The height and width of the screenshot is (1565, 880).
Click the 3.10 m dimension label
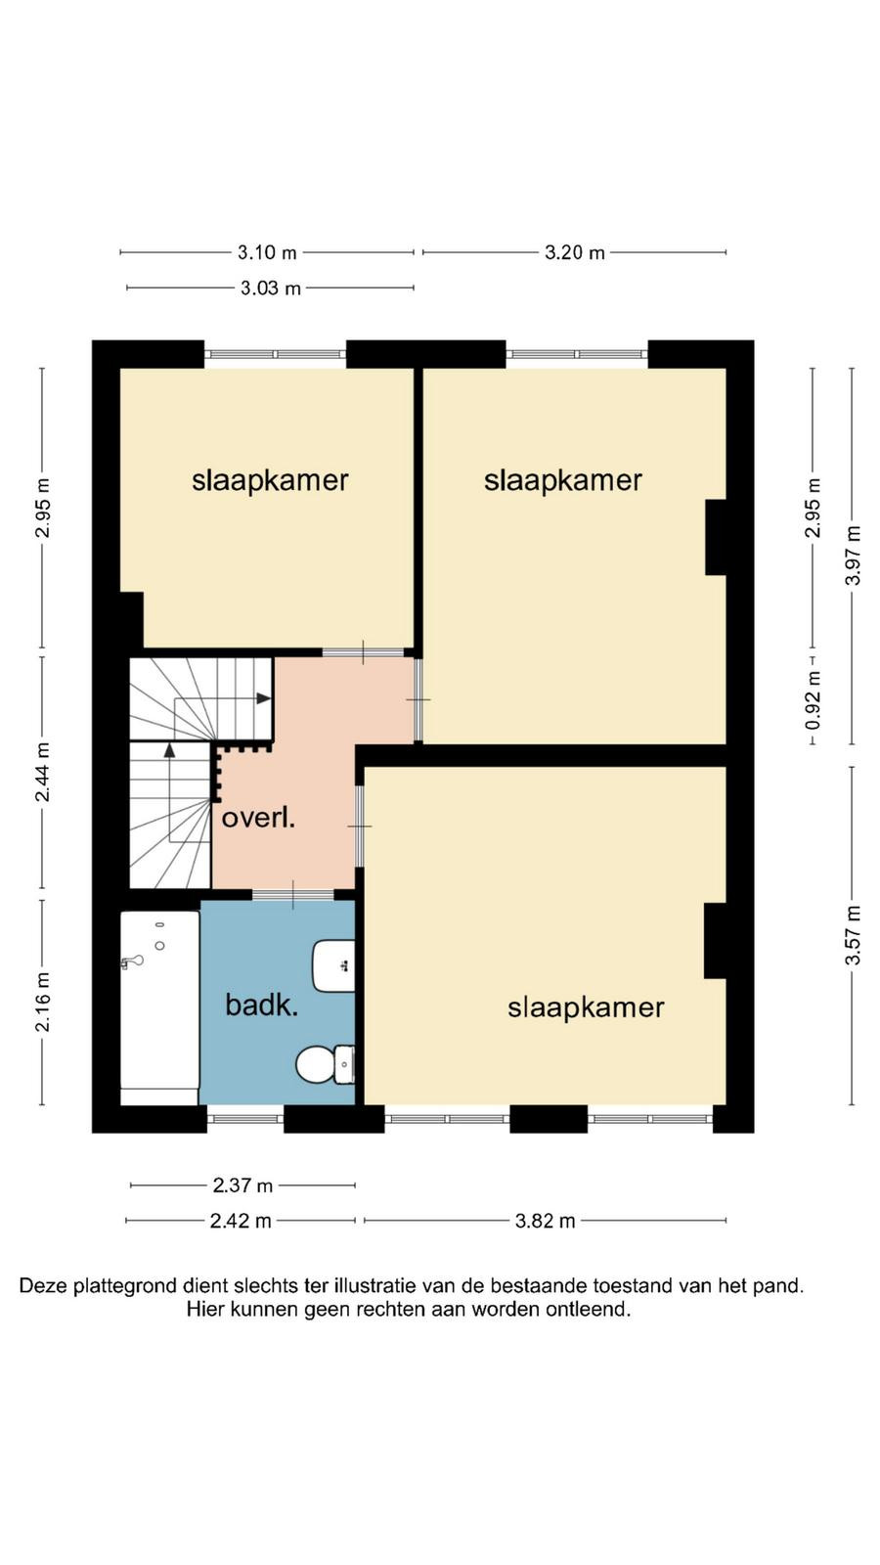pyautogui.click(x=267, y=252)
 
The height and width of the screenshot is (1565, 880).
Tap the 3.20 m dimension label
pyautogui.click(x=574, y=252)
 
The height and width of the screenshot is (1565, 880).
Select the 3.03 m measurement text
pyautogui.click(x=270, y=288)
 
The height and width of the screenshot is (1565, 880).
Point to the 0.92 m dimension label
pyautogui.click(x=813, y=700)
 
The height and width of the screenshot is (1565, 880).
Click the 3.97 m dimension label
pyautogui.click(x=853, y=556)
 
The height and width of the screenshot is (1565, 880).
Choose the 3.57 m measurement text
pyautogui.click(x=853, y=935)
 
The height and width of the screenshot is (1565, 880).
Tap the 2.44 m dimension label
pyautogui.click(x=43, y=773)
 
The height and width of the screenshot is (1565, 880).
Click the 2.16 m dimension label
pyautogui.click(x=43, y=1002)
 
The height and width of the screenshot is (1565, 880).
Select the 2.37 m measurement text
pyautogui.click(x=243, y=1185)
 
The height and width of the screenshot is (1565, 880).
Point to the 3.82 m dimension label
pyautogui.click(x=545, y=1221)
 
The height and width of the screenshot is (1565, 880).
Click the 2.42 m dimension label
pyautogui.click(x=241, y=1221)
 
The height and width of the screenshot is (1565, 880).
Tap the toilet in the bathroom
pyautogui.click(x=326, y=1064)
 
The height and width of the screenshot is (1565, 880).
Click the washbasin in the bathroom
pyautogui.click(x=333, y=966)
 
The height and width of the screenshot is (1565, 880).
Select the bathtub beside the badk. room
pyautogui.click(x=160, y=1007)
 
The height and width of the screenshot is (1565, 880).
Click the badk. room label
pyautogui.click(x=261, y=1006)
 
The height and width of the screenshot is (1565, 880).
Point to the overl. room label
pyautogui.click(x=258, y=818)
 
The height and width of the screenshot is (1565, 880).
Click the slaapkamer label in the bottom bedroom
pyautogui.click(x=586, y=1007)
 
